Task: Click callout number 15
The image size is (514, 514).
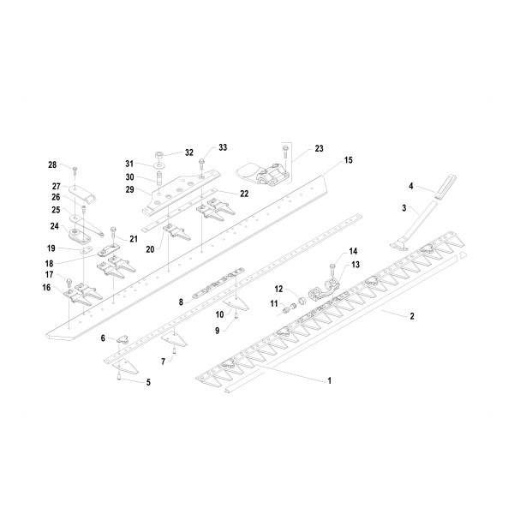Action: (x=349, y=160)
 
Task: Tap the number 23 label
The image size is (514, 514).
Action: (x=320, y=149)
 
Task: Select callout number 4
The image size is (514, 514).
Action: (x=410, y=185)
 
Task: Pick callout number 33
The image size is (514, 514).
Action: (x=223, y=147)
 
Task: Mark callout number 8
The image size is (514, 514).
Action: (x=181, y=302)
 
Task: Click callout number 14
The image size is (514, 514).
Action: (x=352, y=251)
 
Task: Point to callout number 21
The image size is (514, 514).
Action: (x=134, y=238)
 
